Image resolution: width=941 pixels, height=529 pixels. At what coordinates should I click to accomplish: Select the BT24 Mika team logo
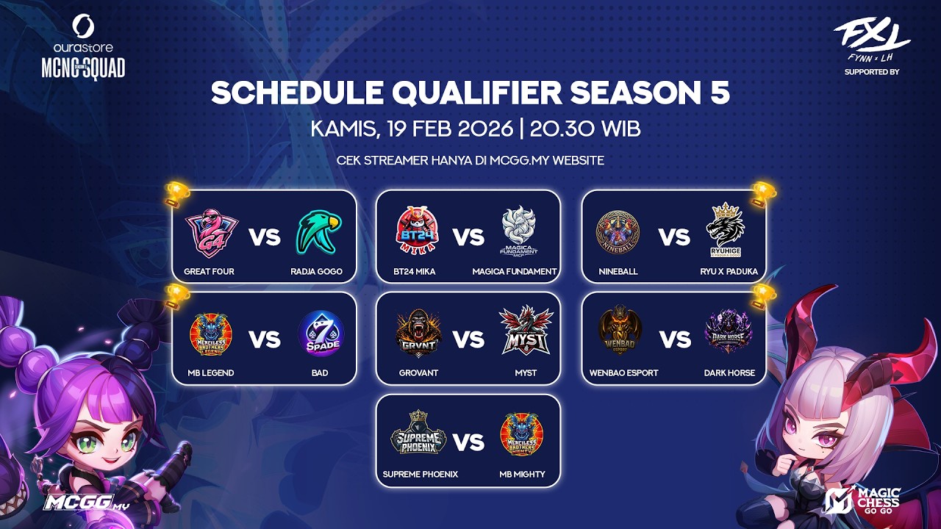[x=415, y=230]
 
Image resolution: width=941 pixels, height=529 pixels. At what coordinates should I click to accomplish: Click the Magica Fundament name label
[x=515, y=271]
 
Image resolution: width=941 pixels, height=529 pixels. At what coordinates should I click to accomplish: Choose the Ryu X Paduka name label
[x=729, y=271]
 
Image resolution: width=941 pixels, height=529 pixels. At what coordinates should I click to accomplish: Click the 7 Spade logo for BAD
[x=320, y=334]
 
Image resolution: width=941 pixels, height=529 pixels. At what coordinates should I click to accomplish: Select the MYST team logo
[x=526, y=333]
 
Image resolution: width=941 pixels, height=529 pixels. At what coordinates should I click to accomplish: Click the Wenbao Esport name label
[x=623, y=373]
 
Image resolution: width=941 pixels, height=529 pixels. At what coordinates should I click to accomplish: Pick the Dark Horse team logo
[x=729, y=333]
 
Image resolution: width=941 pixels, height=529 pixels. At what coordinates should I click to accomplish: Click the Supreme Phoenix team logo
[x=419, y=435]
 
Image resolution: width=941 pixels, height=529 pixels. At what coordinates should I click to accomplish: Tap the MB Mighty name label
[x=522, y=474]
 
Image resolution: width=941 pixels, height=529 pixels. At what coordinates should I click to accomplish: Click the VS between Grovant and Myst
[x=468, y=339]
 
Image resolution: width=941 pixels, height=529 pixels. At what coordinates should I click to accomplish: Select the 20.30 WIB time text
[x=585, y=129]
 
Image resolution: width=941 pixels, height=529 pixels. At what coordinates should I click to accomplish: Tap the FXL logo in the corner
[x=871, y=37]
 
